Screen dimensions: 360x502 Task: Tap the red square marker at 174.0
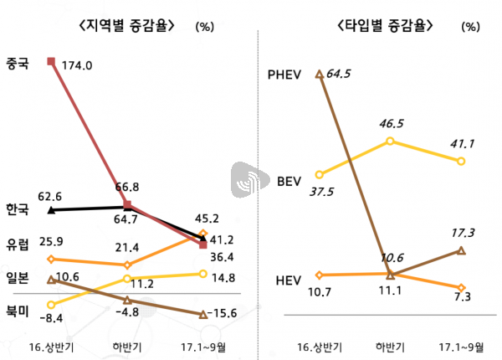pos(52,60)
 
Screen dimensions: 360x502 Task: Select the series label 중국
pos(18,63)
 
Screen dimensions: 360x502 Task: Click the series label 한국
pos(18,208)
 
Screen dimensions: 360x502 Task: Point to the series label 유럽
pos(18,244)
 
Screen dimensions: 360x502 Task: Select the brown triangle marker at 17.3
pos(461,249)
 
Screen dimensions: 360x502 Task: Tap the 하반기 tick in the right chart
pos(390,346)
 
